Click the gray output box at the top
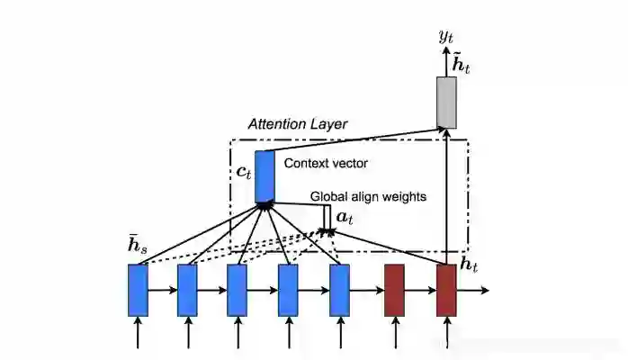(446, 103)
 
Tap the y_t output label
(445, 36)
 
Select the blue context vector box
(265, 176)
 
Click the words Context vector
(325, 164)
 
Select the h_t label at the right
(469, 264)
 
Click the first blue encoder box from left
(138, 290)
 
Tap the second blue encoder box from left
(187, 290)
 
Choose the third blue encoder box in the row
(237, 290)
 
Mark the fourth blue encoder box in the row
(288, 290)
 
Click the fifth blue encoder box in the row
(339, 290)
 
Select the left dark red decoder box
(394, 290)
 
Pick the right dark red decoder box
(446, 290)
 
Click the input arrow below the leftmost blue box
(138, 333)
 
